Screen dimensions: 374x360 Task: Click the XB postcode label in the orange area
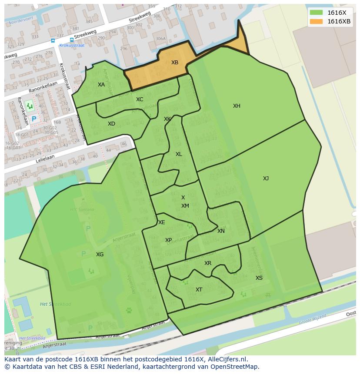174,63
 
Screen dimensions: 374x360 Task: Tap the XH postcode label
237,106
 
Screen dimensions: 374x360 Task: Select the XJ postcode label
266,179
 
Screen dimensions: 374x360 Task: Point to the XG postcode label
100,255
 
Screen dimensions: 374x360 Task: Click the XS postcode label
259,278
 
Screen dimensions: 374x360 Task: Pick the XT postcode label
199,290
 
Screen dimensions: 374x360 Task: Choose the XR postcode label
208,263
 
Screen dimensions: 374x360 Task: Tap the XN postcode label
221,231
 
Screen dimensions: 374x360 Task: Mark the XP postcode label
168,240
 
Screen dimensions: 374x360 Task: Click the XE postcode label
162,222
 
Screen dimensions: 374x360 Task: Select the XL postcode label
179,154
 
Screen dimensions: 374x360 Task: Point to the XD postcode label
111,124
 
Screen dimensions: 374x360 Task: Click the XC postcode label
140,99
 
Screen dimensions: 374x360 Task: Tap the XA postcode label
101,85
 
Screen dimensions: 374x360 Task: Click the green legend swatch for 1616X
317,13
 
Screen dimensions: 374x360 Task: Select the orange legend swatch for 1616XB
317,21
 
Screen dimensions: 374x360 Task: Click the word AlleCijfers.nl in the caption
226,359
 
